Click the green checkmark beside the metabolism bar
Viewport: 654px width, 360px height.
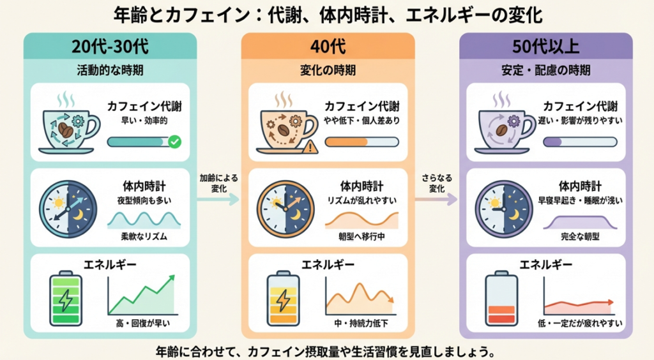(x=173, y=142)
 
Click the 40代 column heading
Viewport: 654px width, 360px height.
(x=328, y=47)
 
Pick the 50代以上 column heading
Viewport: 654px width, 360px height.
(x=546, y=47)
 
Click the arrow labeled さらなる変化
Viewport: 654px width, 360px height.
(x=436, y=199)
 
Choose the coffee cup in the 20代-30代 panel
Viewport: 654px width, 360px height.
(x=66, y=126)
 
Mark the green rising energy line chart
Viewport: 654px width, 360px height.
(x=141, y=294)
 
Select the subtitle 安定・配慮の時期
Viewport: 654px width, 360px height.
(x=546, y=70)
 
